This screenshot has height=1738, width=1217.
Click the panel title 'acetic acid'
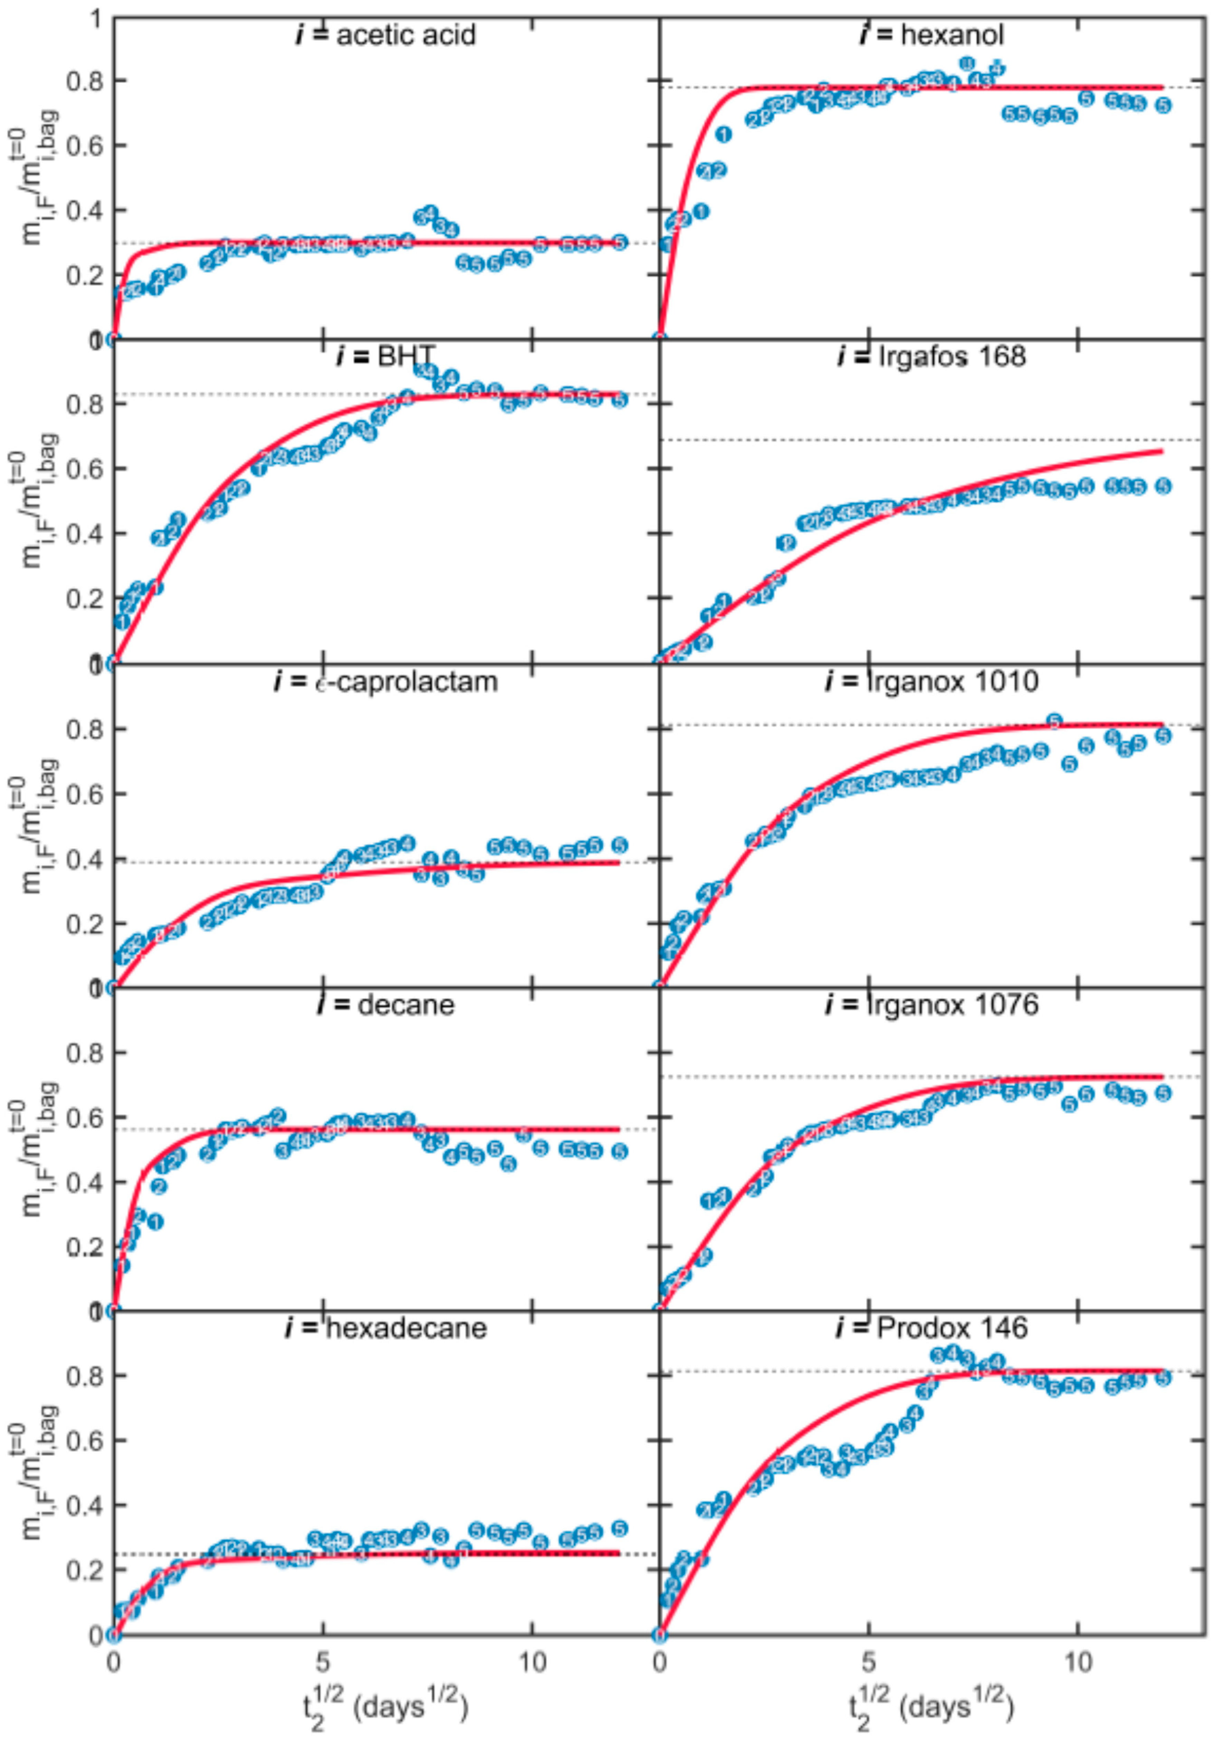coord(386,36)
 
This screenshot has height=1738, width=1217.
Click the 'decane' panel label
coord(386,1004)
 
